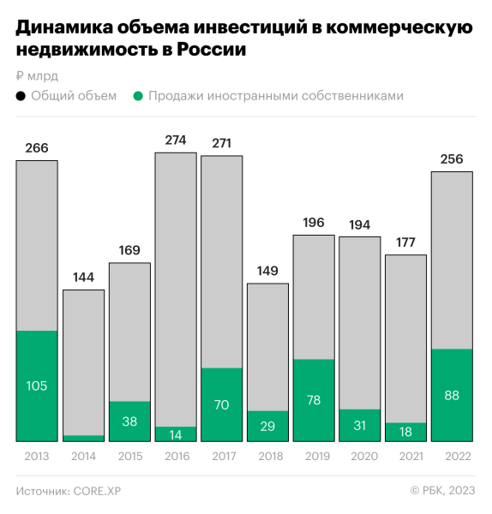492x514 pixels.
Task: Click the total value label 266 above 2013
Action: tap(37, 148)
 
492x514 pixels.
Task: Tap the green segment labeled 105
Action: tap(37, 386)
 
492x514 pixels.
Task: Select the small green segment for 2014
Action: tap(83, 438)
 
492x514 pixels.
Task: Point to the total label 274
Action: tap(175, 140)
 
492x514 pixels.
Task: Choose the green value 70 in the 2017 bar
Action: tap(221, 404)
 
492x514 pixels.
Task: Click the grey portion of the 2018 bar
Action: tap(267, 347)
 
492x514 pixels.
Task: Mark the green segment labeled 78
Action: tap(314, 400)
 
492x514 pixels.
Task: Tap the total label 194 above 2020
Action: tap(360, 224)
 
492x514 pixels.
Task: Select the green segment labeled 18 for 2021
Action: tap(405, 432)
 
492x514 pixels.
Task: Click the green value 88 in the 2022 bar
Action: tap(452, 395)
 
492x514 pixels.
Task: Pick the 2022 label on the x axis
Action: tap(452, 457)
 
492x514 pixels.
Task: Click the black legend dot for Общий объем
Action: tap(21, 96)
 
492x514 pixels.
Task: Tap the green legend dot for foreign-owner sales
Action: tap(137, 96)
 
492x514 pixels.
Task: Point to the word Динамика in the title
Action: tap(64, 28)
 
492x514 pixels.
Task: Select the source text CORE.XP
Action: tap(104, 491)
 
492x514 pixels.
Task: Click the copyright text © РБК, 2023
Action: tap(442, 491)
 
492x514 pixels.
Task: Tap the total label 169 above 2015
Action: tap(129, 251)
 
